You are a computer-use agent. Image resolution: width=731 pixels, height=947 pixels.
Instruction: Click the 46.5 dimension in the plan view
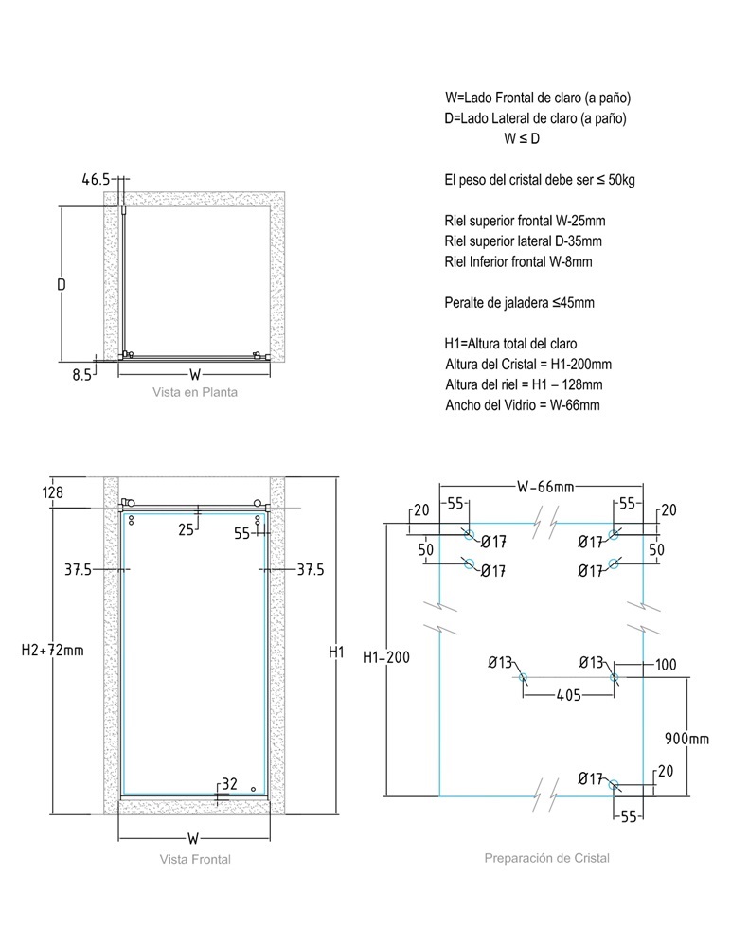coord(96,179)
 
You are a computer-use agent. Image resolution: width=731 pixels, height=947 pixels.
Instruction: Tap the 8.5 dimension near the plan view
coord(82,375)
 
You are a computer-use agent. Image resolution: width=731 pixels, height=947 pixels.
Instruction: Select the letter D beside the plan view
coord(62,284)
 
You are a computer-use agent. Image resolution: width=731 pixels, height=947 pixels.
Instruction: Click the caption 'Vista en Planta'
coord(195,392)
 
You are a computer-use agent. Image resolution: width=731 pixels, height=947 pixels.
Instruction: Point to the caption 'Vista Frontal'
coord(195,859)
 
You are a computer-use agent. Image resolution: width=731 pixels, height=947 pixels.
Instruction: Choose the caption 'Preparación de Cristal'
coord(546,858)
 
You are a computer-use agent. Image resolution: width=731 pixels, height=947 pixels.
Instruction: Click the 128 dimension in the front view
coord(53,492)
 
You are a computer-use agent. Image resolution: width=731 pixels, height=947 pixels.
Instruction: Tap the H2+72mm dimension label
coord(53,651)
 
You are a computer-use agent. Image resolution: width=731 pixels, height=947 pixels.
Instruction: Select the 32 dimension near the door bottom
coord(229,784)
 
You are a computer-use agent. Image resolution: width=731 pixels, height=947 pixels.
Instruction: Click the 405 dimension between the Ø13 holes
coord(568,696)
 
